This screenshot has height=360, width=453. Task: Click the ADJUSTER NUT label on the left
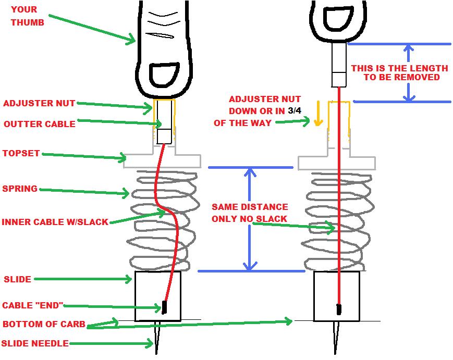pos(39,103)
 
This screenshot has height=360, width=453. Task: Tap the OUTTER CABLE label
pos(40,124)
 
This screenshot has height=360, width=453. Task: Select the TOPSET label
pos(21,154)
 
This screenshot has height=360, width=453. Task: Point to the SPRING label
pos(20,189)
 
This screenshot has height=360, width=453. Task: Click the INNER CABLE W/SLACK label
pos(55,222)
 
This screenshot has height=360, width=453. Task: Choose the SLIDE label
pos(17,279)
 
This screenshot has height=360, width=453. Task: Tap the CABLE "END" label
pos(33,305)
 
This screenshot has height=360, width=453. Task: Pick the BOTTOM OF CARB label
pos(44,324)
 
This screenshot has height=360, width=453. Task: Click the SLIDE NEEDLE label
pos(34,343)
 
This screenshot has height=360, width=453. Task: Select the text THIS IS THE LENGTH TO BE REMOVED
pos(399,72)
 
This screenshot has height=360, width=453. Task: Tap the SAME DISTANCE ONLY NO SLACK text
pos(250,213)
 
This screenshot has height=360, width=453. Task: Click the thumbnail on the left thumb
pos(163,75)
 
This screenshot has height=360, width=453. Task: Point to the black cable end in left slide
pos(164,307)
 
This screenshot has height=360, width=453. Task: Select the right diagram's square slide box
pos(336,295)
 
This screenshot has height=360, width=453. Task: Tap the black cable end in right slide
pos(339,309)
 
